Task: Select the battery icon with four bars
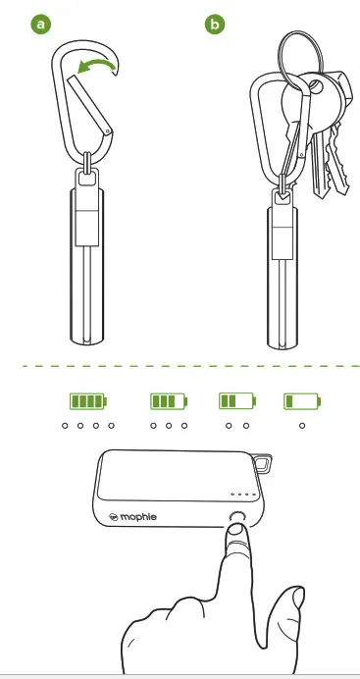pos(87,400)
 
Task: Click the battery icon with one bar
pos(302,400)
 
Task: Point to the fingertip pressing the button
pos(233,536)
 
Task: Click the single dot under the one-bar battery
pos(302,427)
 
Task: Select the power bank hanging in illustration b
pos(283,275)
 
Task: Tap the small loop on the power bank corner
pos(264,460)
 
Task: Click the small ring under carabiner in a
pos(90,163)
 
